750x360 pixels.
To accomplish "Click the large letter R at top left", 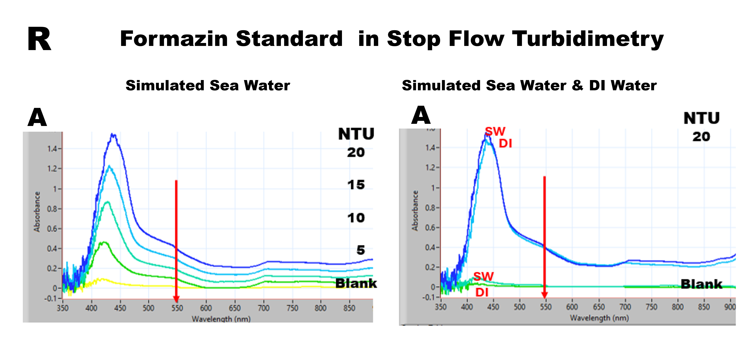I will pos(39,39).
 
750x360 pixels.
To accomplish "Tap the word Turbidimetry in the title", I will pos(587,39).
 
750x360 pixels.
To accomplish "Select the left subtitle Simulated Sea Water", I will pos(208,86).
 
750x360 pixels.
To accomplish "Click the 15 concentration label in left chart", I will pos(356,185).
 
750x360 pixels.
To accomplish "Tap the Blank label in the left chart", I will pos(356,283).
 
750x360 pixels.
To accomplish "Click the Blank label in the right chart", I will pos(701,284).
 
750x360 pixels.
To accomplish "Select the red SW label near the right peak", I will pos(495,132).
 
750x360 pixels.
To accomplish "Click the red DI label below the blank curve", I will pos(482,292).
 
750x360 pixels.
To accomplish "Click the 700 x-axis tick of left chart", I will pos(263,308).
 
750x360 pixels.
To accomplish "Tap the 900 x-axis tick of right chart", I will pos(730,307).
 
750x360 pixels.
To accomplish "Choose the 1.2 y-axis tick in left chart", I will pos(53,169).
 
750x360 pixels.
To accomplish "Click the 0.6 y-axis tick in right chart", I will pos(431,227).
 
